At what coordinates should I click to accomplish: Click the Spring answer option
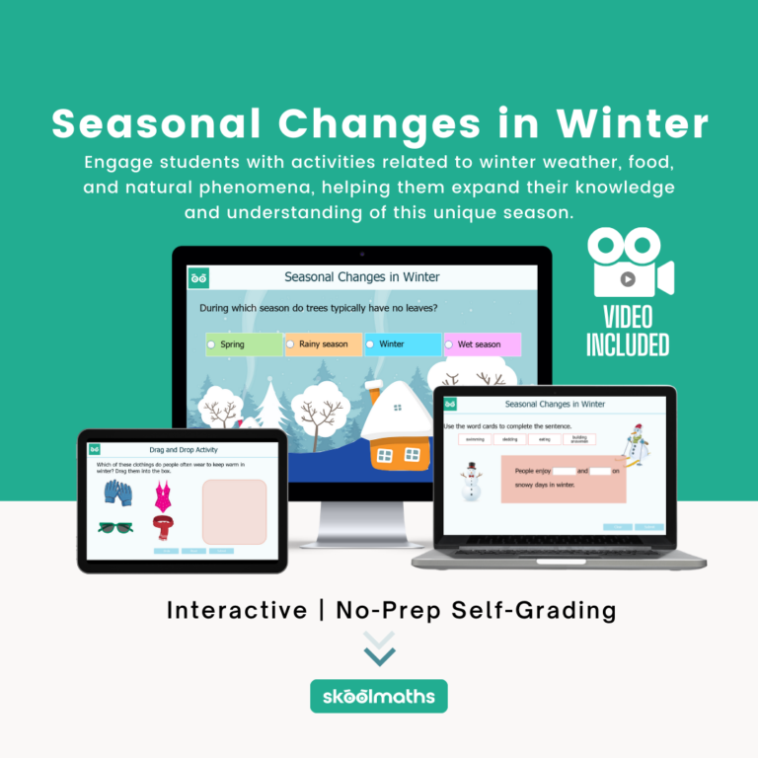(243, 344)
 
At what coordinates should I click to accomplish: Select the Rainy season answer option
(323, 344)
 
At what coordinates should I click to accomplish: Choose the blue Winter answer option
(402, 344)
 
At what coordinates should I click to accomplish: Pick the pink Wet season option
(481, 344)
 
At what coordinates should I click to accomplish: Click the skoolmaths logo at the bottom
(379, 696)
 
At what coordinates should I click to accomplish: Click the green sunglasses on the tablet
(115, 527)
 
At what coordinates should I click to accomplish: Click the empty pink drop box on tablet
(234, 511)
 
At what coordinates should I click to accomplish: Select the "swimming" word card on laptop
(476, 439)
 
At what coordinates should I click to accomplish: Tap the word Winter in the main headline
(633, 124)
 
